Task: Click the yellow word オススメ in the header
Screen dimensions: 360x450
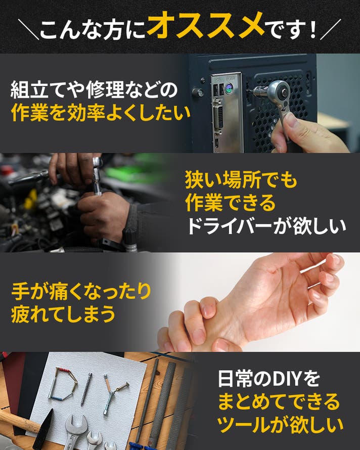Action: tap(206, 25)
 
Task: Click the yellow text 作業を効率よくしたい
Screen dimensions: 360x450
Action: tap(101, 113)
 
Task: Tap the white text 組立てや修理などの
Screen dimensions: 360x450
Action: tap(94, 90)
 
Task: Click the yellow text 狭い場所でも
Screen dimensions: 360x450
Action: tap(241, 180)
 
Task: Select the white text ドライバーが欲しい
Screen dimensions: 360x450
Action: tap(266, 226)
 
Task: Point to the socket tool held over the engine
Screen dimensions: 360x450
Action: tap(97, 175)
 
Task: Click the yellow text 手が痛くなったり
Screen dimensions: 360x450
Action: tap(81, 291)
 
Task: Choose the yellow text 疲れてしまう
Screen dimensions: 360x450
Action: tap(63, 314)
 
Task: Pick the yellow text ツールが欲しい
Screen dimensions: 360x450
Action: tap(280, 425)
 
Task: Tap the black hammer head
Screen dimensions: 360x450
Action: tap(43, 429)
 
